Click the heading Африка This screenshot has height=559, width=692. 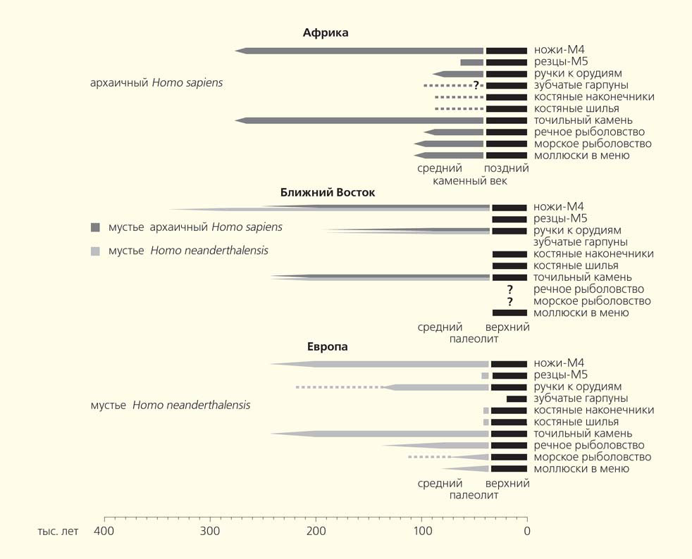tap(326, 33)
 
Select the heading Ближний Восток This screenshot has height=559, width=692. tap(328, 192)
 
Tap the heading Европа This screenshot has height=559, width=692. tap(327, 347)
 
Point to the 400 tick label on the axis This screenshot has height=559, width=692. tap(104, 531)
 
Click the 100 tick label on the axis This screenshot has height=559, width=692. tap(421, 531)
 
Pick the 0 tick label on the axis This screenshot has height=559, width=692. tap(526, 531)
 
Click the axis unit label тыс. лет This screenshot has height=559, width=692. tap(58, 531)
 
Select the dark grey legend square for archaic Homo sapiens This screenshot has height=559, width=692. tap(95, 227)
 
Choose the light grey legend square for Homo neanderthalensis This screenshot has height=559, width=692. tap(95, 251)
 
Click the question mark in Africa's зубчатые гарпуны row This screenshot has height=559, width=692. tap(476, 85)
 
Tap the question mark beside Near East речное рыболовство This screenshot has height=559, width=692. tap(509, 289)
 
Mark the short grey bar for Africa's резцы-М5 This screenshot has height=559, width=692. tap(471, 63)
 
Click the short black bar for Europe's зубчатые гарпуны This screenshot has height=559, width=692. tap(517, 399)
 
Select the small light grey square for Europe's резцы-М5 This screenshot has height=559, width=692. tap(485, 376)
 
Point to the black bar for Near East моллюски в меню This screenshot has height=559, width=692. tap(509, 313)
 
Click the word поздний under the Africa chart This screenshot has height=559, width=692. tap(506, 168)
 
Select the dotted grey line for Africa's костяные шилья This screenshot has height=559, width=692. tap(459, 109)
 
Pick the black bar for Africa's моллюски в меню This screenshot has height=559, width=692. tap(506, 156)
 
